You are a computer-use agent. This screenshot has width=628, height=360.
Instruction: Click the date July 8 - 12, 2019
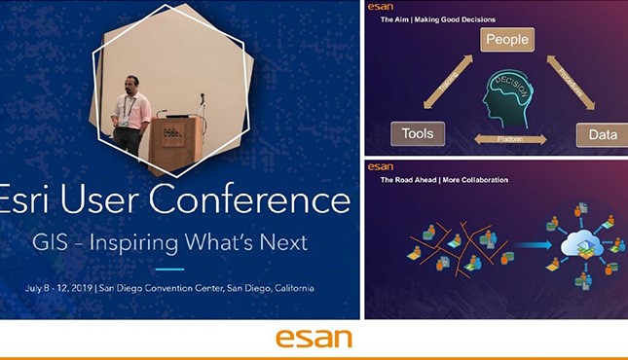70,289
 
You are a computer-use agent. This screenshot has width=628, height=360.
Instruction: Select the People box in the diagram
506,40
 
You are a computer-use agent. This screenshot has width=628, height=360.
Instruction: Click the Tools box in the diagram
411,132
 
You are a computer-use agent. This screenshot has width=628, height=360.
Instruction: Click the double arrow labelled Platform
506,140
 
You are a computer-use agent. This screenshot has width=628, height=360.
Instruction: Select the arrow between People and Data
570,85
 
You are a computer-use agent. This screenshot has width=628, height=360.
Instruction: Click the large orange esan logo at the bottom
314,339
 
